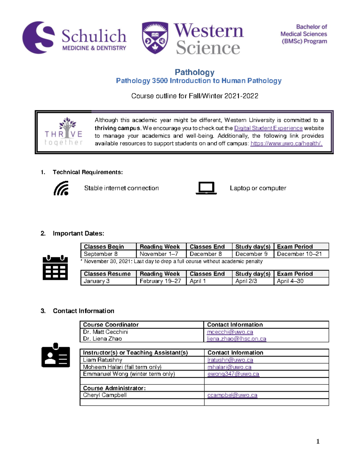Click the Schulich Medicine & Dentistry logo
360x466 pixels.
(74, 38)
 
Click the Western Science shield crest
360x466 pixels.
(155, 38)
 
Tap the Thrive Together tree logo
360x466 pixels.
(64, 131)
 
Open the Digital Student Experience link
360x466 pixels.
(268, 128)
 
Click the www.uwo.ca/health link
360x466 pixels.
(286, 143)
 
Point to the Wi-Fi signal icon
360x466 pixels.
(61, 188)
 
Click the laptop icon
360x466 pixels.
(206, 188)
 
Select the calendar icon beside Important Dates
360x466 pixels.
(55, 268)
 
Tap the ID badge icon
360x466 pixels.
(55, 355)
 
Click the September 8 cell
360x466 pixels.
(100, 254)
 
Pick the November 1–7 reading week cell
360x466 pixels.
(159, 254)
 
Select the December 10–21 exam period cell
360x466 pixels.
(299, 254)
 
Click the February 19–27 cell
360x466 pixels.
(160, 281)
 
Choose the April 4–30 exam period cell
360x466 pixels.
(290, 281)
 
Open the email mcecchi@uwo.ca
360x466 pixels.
(230, 332)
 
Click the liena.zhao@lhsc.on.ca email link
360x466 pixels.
(236, 339)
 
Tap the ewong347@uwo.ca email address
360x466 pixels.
(233, 374)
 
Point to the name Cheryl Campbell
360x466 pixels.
(105, 395)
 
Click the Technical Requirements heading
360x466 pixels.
(88, 172)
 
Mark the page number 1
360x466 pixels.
(318, 441)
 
